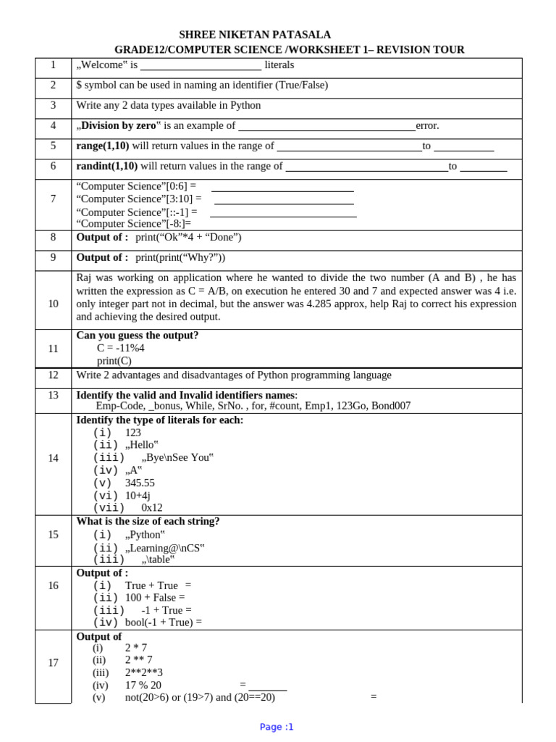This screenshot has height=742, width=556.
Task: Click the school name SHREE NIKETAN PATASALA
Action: click(255, 35)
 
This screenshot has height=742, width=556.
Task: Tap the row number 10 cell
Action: click(53, 304)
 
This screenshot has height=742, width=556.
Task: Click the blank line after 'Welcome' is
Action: click(201, 66)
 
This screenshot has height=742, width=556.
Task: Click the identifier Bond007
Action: click(391, 406)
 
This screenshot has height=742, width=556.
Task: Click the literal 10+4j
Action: click(138, 496)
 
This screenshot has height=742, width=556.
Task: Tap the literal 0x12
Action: click(152, 508)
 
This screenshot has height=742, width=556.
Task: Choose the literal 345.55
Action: click(140, 483)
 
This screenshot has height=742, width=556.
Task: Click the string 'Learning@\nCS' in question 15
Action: click(165, 548)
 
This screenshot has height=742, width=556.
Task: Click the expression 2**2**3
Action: click(144, 672)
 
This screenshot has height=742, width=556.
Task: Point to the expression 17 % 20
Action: click(143, 685)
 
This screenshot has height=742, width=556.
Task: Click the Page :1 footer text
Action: click(277, 727)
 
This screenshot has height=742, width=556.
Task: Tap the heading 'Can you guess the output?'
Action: click(138, 335)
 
